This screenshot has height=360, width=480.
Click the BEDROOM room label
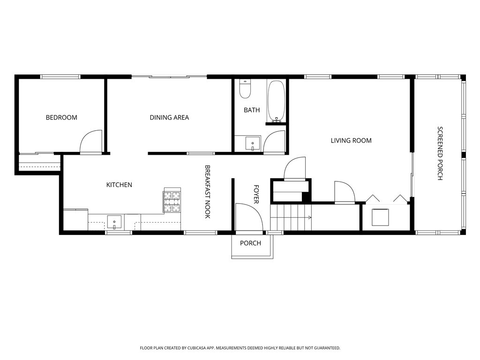coord(61,117)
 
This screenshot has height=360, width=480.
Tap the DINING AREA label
coord(169,117)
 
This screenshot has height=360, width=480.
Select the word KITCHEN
coord(119,185)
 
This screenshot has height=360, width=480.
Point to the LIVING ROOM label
coord(351,141)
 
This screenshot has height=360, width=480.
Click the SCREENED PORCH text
coord(440,153)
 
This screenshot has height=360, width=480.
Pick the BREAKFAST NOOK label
coord(207,192)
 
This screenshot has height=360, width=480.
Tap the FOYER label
coord(256,194)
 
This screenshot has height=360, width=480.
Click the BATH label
coord(252,110)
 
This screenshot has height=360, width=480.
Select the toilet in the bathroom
coord(245,89)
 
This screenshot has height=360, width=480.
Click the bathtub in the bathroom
coord(276,101)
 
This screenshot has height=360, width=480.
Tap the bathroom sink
coord(253,143)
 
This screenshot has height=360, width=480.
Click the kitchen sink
coord(114,222)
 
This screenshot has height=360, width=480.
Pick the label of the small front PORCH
coord(250,243)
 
